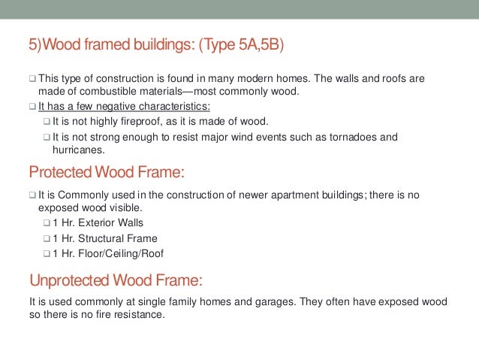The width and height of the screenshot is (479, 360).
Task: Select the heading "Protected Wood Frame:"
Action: point(106,174)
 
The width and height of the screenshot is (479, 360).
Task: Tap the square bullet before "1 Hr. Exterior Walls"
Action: point(47,224)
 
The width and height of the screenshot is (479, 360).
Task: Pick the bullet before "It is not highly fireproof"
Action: point(47,123)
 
